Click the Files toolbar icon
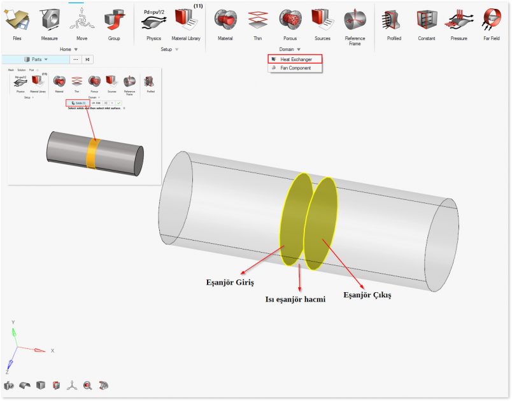click(x=17, y=20)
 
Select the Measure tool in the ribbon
click(x=50, y=20)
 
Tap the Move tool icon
click(x=82, y=20)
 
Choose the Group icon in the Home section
click(x=114, y=20)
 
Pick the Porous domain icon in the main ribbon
click(x=290, y=20)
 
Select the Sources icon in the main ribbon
click(x=322, y=20)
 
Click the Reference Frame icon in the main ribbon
click(x=355, y=20)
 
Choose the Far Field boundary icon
click(x=492, y=20)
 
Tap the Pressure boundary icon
click(x=459, y=20)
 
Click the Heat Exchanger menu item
click(x=295, y=59)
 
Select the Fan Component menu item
click(x=295, y=68)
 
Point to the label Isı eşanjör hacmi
click(x=295, y=299)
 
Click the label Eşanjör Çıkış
click(x=367, y=295)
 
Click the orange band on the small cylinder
click(x=93, y=153)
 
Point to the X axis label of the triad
click(x=52, y=351)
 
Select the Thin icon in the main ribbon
click(x=257, y=20)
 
